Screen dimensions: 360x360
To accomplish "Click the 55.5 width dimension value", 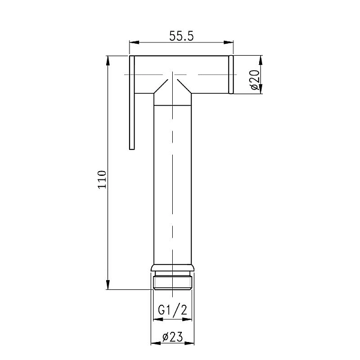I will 181,35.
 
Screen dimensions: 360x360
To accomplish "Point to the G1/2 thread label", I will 172,311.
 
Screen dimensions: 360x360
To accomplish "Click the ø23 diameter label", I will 172,338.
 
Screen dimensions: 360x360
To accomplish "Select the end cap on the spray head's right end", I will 230,75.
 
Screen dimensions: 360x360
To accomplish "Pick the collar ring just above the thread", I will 173,268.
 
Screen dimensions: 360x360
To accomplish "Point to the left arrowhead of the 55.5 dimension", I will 133,43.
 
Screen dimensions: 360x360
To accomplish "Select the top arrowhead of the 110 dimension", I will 109,60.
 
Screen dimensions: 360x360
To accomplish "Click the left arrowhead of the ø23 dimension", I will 153,346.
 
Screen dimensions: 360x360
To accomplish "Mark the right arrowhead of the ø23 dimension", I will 192,346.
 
